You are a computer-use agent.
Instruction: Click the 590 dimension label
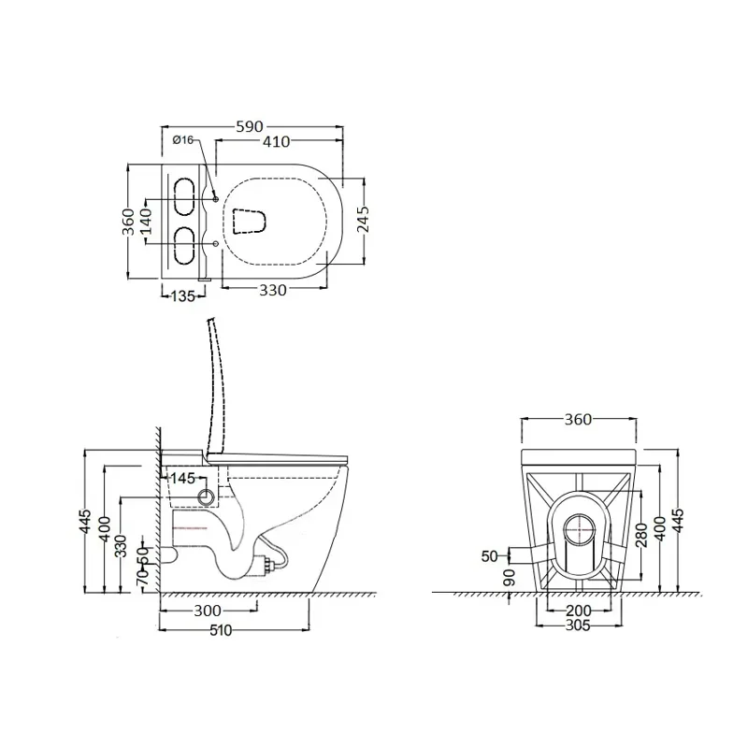(250, 126)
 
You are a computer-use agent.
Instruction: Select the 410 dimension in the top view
(276, 141)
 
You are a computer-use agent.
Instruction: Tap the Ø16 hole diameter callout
(183, 139)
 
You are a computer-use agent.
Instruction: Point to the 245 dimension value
(363, 219)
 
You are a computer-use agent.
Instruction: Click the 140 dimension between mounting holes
(145, 221)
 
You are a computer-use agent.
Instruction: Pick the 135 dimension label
(182, 296)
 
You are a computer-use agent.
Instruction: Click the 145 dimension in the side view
(182, 478)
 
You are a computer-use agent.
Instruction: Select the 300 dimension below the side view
(208, 611)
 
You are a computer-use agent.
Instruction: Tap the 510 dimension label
(221, 630)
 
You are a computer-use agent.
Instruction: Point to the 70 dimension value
(143, 577)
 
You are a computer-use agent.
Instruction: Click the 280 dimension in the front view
(641, 535)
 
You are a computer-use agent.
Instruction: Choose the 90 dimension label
(510, 577)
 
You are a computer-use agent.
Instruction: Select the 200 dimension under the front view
(579, 611)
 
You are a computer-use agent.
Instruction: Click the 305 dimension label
(578, 625)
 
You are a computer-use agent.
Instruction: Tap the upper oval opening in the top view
(183, 196)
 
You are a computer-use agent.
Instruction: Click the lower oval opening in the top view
(183, 245)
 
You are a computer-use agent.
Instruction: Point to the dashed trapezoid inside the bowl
(249, 222)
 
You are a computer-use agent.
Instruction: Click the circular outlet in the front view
(581, 530)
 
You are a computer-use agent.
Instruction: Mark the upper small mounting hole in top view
(215, 198)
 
